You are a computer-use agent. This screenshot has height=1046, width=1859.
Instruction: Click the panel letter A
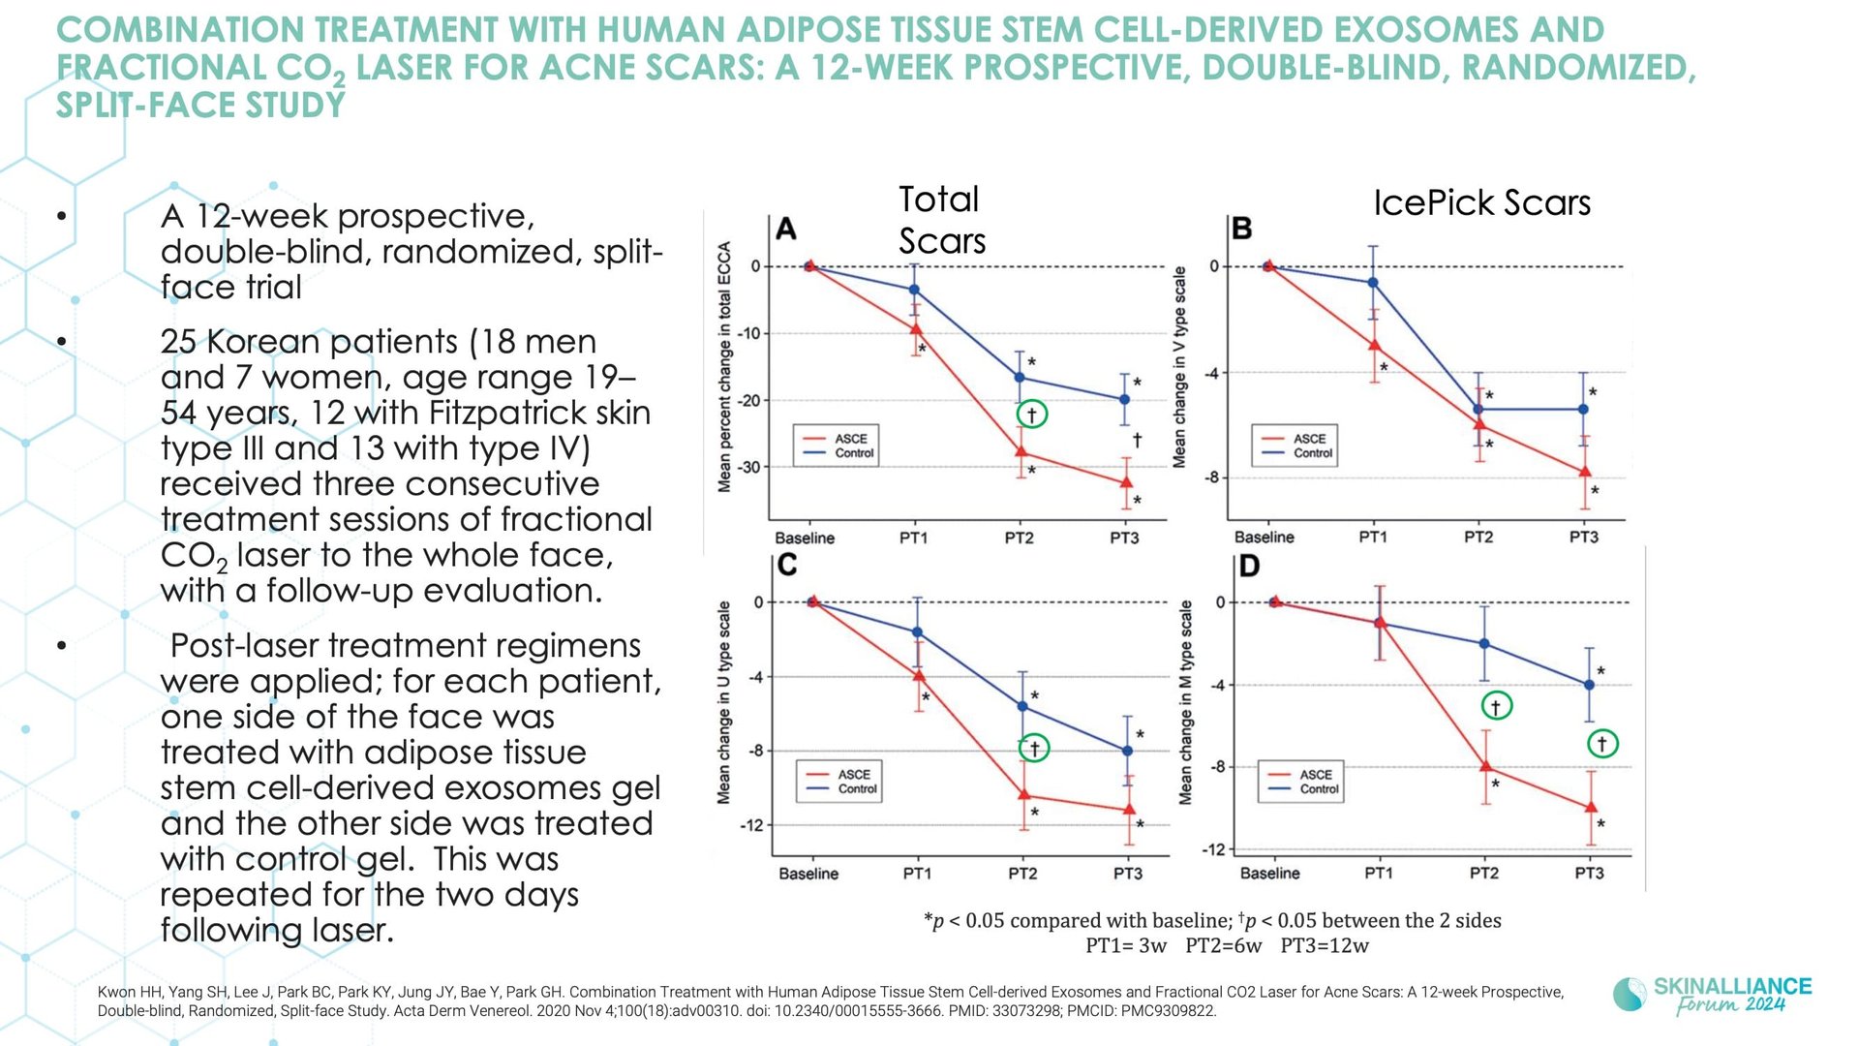[x=786, y=230]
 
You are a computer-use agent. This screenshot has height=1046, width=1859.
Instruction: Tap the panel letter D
[x=1249, y=566]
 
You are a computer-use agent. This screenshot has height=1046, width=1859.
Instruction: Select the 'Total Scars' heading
[x=942, y=220]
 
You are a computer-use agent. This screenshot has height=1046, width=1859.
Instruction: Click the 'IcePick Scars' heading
[x=1481, y=202]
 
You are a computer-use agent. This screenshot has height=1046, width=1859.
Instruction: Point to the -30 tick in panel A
[x=749, y=467]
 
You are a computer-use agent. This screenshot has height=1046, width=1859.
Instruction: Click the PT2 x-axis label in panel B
[x=1478, y=537]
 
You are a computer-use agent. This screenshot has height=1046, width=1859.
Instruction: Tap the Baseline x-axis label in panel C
[x=808, y=874]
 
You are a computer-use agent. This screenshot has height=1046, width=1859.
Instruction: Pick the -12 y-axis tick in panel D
[x=1213, y=849]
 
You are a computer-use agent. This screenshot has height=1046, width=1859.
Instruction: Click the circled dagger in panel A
[x=1032, y=415]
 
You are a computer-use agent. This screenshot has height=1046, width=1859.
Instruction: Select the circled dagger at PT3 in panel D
[x=1602, y=744]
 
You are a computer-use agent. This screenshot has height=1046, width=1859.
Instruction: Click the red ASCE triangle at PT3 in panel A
[x=1126, y=481]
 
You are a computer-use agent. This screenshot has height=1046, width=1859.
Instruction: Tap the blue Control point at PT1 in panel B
[x=1373, y=283]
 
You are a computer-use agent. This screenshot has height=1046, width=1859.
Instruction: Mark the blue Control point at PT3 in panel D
[x=1589, y=685]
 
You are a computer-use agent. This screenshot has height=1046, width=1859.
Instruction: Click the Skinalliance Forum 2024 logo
[x=1712, y=995]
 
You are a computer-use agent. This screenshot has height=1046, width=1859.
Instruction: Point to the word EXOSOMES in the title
[x=1421, y=30]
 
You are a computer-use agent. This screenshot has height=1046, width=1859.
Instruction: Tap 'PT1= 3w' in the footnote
[x=1126, y=946]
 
